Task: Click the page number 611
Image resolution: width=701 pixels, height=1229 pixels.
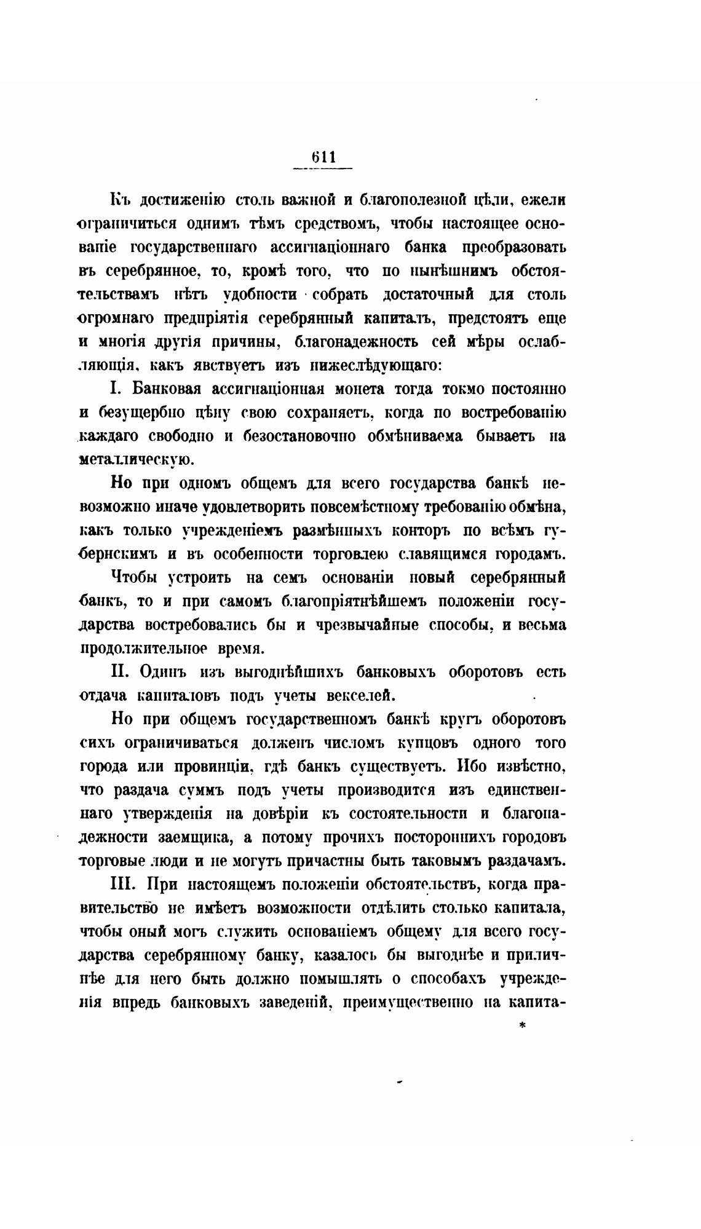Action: [323, 157]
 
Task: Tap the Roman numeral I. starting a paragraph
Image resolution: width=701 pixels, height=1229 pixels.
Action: [117, 389]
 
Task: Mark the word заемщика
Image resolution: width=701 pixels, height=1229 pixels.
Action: [191, 837]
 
